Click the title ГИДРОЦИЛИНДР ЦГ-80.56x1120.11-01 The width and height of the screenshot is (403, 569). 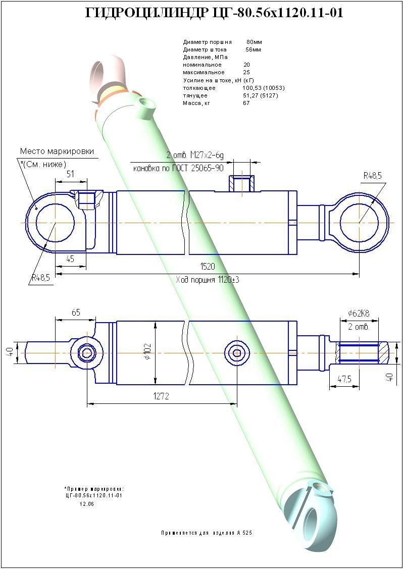click(215, 14)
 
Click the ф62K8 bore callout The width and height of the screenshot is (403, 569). click(359, 314)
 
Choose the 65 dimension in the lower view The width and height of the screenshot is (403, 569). click(76, 313)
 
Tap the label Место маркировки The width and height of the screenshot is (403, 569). click(57, 151)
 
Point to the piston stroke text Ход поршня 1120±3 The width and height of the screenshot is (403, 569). click(207, 280)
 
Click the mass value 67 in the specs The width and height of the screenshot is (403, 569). click(246, 103)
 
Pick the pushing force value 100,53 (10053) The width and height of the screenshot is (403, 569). click(263, 88)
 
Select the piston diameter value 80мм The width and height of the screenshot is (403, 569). click(254, 42)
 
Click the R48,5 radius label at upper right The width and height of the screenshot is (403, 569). click(373, 176)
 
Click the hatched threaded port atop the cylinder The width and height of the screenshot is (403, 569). click(242, 183)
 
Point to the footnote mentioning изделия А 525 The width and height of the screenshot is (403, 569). click(210, 533)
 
